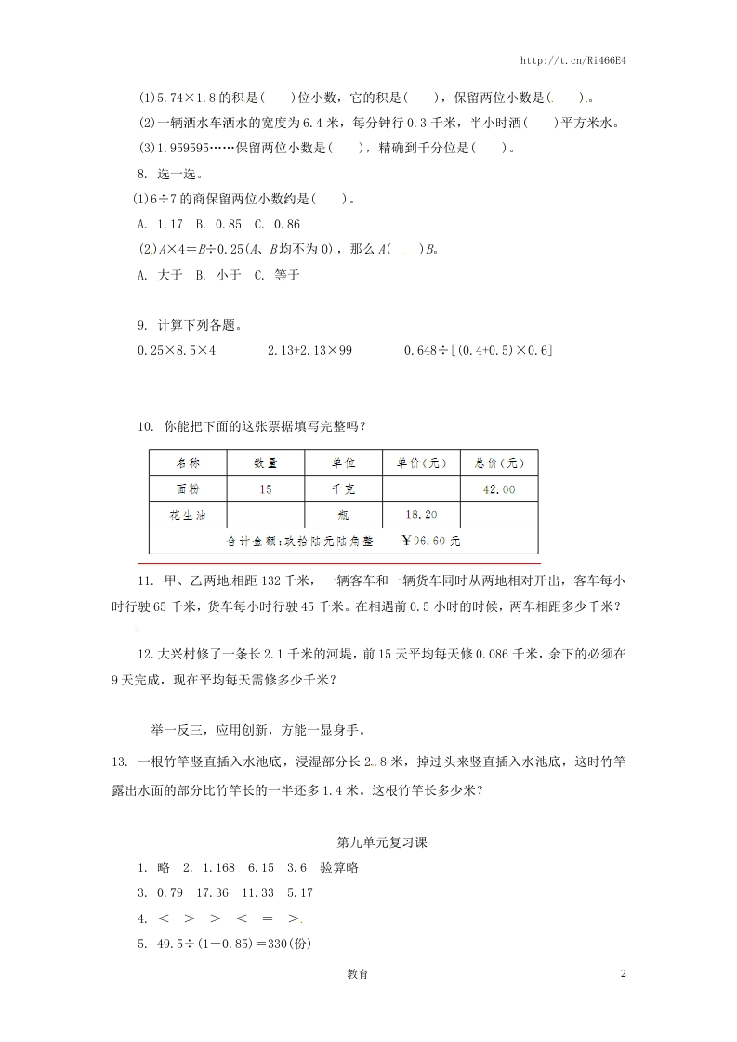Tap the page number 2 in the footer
[624, 973]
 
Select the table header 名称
[188, 463]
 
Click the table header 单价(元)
[422, 463]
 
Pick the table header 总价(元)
[499, 463]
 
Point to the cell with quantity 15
[266, 489]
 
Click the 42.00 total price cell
[499, 489]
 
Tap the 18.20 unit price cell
[422, 514]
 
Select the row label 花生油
[188, 514]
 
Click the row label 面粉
[188, 489]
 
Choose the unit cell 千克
[344, 489]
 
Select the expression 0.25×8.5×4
[177, 350]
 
